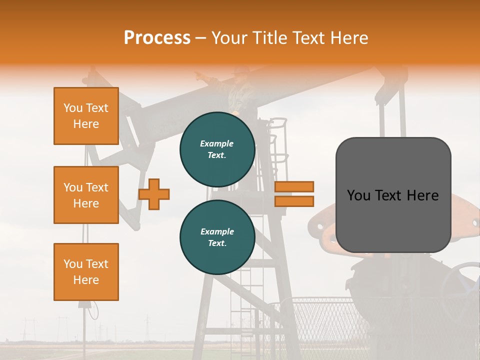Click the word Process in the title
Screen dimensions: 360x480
pos(157,38)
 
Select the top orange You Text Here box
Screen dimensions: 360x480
pos(86,116)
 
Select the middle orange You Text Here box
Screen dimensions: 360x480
pos(86,195)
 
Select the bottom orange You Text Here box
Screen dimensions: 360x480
pos(86,271)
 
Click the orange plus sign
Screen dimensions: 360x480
pos(154,194)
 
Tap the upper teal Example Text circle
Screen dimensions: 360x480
pos(217,149)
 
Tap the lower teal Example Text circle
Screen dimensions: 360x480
pos(217,237)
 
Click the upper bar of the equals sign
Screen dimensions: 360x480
pos(294,186)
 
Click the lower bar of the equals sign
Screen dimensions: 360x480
pos(294,201)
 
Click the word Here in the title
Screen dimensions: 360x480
pos(349,38)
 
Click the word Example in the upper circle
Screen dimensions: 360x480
pos(216,143)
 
